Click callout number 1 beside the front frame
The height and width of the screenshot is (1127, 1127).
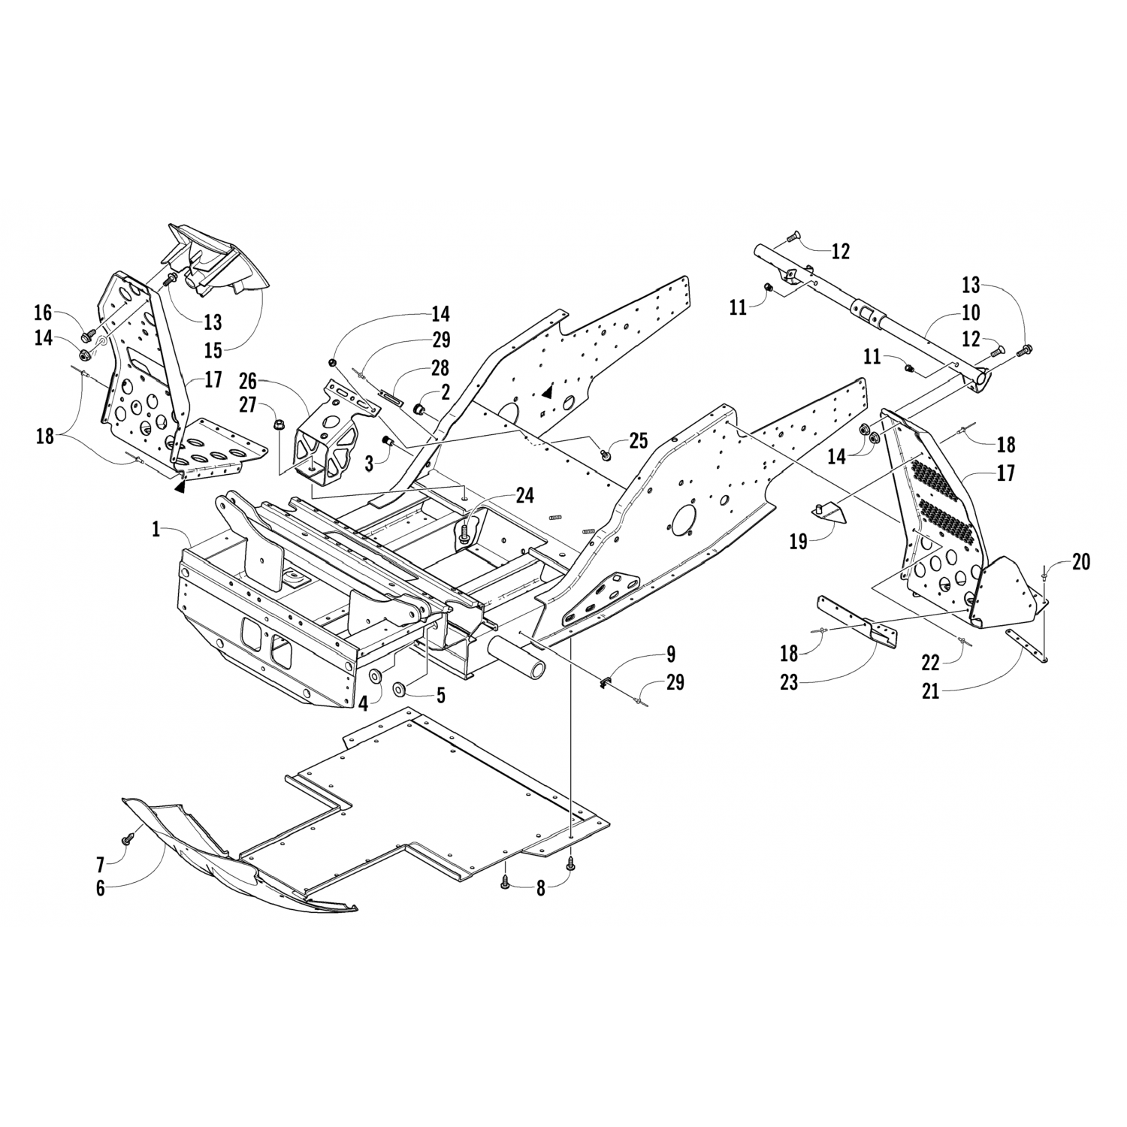[156, 530]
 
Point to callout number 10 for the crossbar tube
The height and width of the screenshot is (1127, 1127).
[971, 312]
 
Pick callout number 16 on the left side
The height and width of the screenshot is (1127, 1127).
[44, 313]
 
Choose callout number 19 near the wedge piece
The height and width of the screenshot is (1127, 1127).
[799, 540]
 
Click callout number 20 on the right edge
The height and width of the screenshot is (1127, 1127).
[1080, 561]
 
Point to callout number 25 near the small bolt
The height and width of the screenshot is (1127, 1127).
[638, 440]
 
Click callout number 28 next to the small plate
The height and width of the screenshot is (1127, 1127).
[441, 367]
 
